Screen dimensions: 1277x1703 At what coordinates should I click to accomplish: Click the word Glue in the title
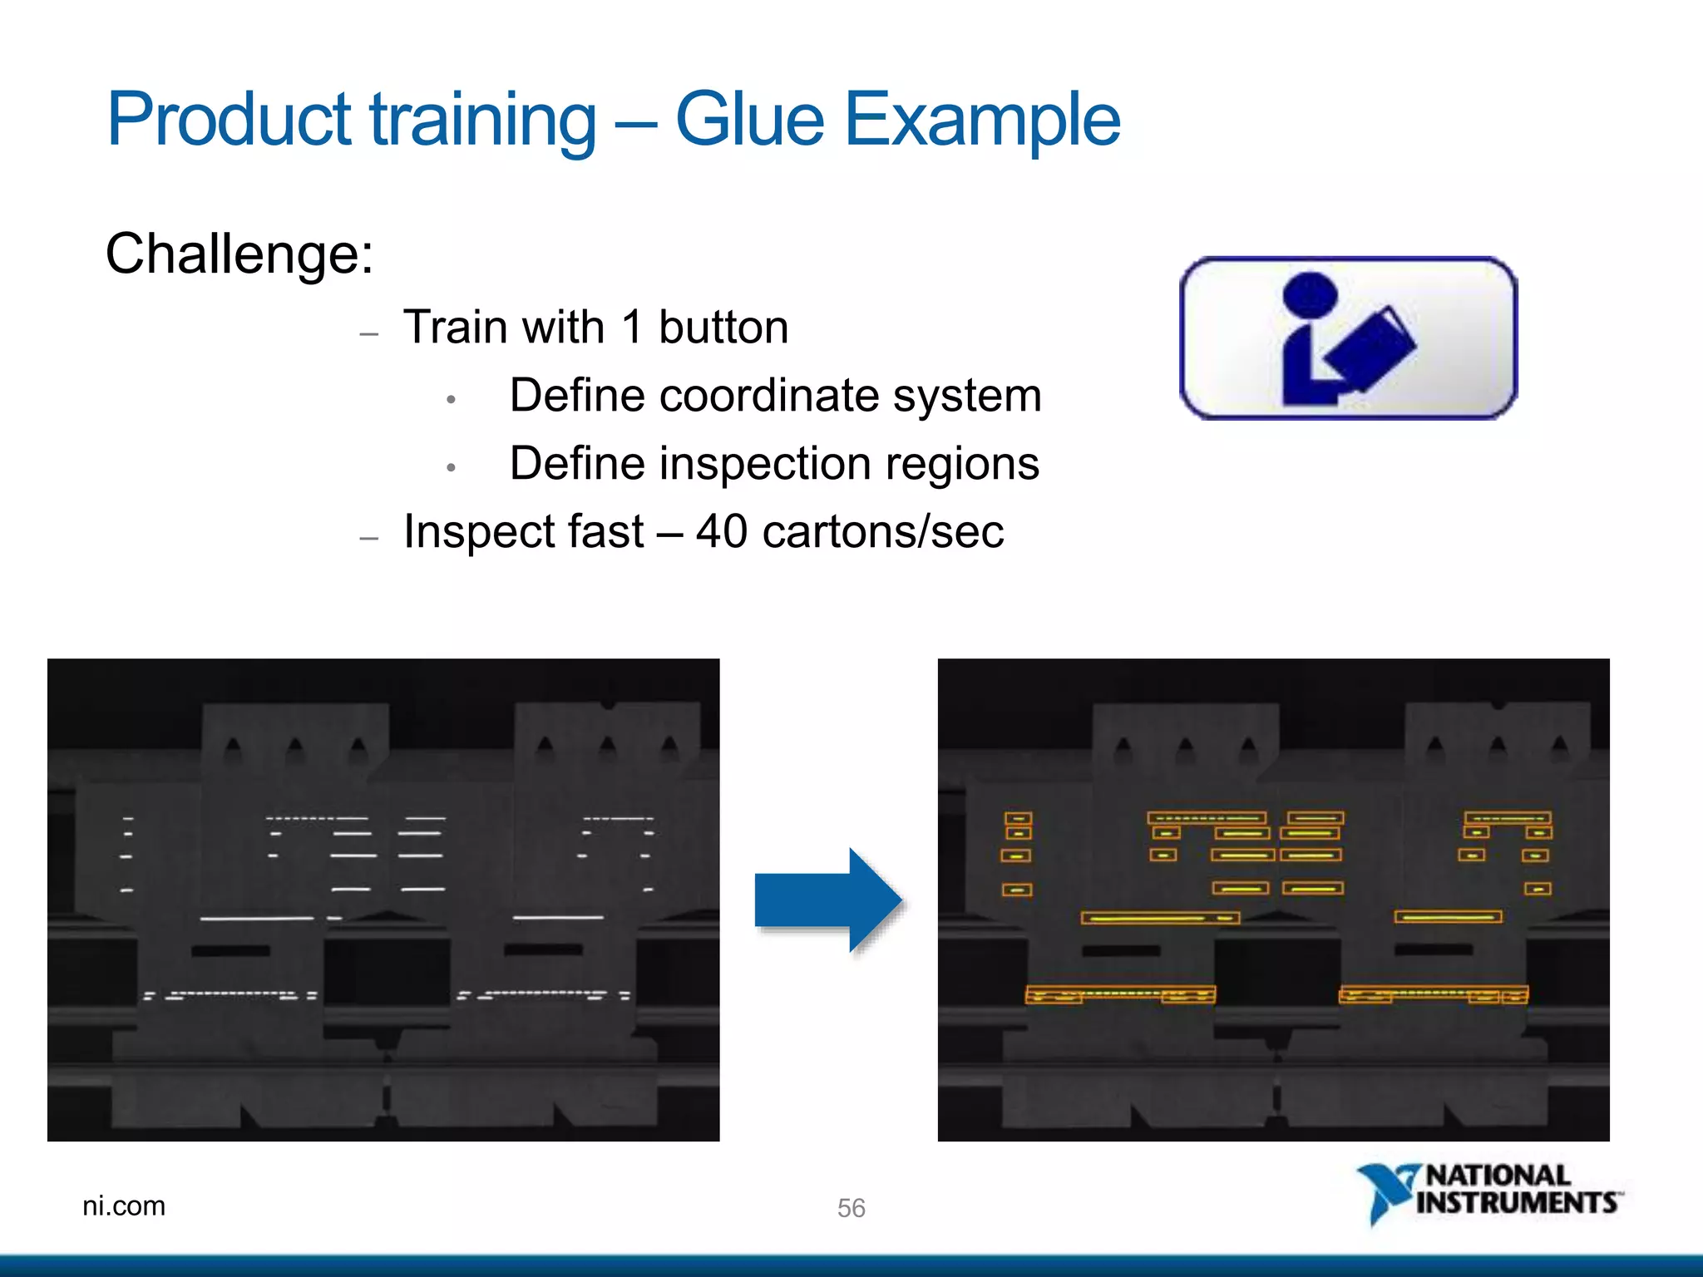click(x=749, y=120)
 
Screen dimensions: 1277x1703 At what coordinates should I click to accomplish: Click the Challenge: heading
click(x=239, y=254)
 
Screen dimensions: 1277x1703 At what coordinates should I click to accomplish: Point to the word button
click(x=723, y=327)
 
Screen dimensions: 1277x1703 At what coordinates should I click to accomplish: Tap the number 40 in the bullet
click(x=721, y=531)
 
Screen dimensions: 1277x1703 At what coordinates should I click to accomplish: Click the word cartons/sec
click(x=883, y=531)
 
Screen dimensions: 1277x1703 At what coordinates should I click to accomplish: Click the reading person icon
click(x=1348, y=338)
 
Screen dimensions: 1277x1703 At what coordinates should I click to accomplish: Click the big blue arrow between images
click(x=827, y=900)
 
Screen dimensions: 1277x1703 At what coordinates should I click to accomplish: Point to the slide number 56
click(x=851, y=1207)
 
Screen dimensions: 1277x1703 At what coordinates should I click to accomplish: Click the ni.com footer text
click(x=124, y=1206)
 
